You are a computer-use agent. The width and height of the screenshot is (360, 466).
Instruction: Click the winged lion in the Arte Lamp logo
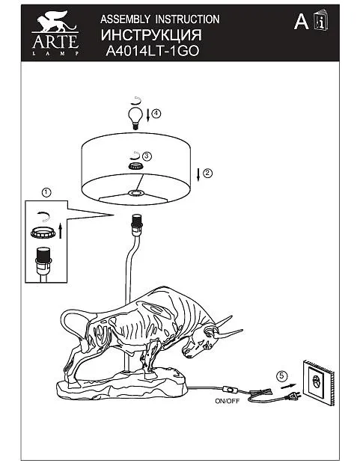pos(55,22)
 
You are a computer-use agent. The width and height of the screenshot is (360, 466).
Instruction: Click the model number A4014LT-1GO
pos(152,51)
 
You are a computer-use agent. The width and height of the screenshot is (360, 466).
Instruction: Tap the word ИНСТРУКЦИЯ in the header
pos(151,34)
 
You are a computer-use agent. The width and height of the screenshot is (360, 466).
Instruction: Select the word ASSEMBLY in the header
pos(125,19)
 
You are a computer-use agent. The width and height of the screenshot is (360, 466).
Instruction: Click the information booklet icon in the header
pos(321,19)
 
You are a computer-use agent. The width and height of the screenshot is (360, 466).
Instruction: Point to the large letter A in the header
pos(301,22)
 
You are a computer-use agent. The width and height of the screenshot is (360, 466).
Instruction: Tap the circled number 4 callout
pos(156,113)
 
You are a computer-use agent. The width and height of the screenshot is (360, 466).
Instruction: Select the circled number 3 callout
pos(147,156)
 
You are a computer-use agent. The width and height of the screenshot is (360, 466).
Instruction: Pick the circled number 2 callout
pos(207,173)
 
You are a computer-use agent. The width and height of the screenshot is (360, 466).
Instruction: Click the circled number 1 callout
pos(46,192)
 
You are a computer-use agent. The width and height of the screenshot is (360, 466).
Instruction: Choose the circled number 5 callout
pos(282,376)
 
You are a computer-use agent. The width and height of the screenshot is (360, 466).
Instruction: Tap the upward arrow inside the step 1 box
pos(61,231)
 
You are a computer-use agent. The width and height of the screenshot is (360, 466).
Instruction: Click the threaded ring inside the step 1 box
pos(43,233)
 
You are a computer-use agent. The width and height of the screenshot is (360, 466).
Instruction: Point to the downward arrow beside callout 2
pos(198,175)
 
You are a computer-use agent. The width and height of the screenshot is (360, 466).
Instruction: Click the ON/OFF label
pos(227,401)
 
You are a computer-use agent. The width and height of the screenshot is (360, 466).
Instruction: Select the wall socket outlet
pos(318,383)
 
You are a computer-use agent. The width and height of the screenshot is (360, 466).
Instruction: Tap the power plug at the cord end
pos(293,396)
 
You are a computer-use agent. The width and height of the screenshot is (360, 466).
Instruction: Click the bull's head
pos(208,339)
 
